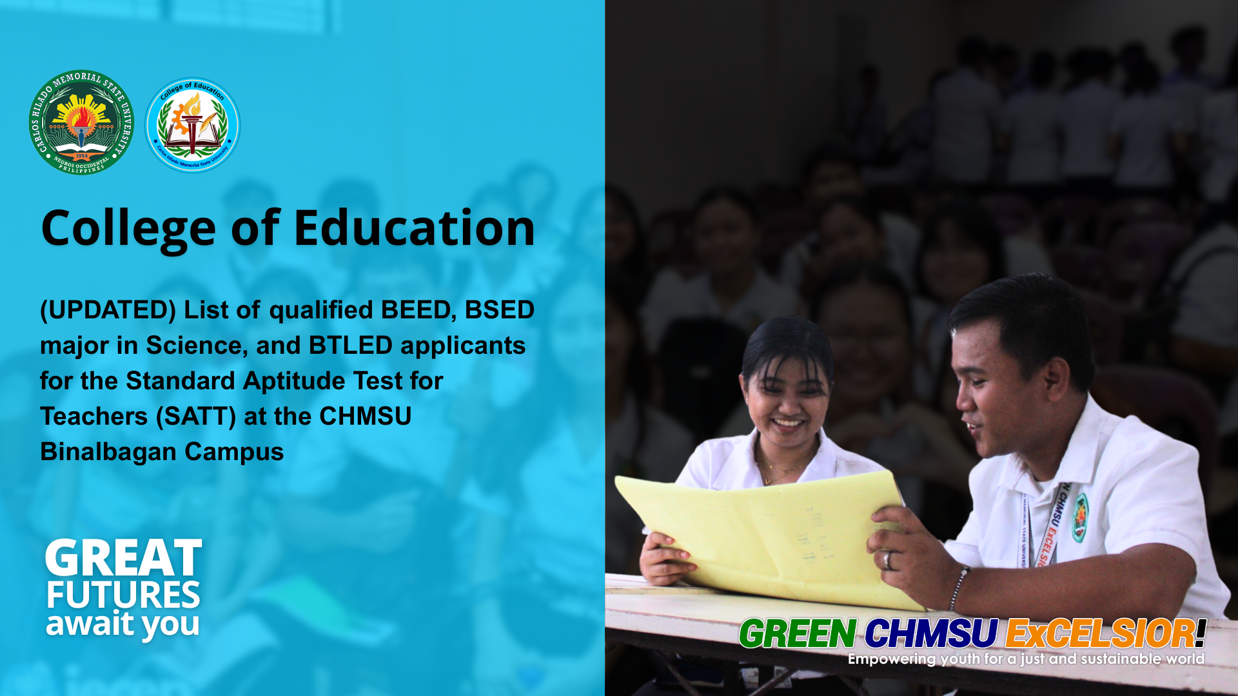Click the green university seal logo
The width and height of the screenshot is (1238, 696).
(x=81, y=122)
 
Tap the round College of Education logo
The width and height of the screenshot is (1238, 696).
(x=192, y=125)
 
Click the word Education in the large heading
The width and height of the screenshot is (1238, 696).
(x=414, y=228)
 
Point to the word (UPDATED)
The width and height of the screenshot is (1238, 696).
(x=108, y=310)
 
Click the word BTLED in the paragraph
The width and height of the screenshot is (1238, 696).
(x=350, y=346)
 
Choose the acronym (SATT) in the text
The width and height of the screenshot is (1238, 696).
(x=196, y=417)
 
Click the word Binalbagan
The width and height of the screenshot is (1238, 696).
(x=108, y=452)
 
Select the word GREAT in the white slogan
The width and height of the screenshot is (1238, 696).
(x=123, y=558)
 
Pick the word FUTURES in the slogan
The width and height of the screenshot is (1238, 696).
(x=123, y=595)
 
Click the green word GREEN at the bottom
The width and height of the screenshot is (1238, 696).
(x=798, y=633)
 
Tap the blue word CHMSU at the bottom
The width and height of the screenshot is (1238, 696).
(x=930, y=633)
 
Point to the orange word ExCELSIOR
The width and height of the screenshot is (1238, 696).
(x=1099, y=633)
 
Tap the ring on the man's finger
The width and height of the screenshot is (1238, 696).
(x=887, y=559)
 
